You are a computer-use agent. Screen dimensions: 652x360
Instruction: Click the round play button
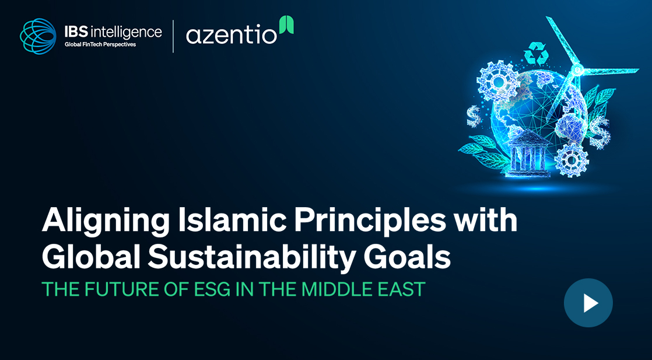[588, 303]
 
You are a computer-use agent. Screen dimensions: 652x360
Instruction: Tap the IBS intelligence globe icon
[38, 36]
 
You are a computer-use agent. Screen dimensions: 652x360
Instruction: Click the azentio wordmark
[231, 35]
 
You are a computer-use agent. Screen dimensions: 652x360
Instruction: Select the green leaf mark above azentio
[286, 25]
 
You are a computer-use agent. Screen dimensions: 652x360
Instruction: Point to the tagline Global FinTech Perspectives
[100, 44]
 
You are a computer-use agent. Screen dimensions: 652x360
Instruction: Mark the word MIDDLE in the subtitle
[334, 289]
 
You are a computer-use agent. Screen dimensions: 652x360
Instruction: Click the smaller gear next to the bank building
[572, 159]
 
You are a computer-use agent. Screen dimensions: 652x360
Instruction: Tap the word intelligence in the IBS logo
[125, 33]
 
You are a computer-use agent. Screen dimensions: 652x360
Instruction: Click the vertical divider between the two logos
[173, 37]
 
